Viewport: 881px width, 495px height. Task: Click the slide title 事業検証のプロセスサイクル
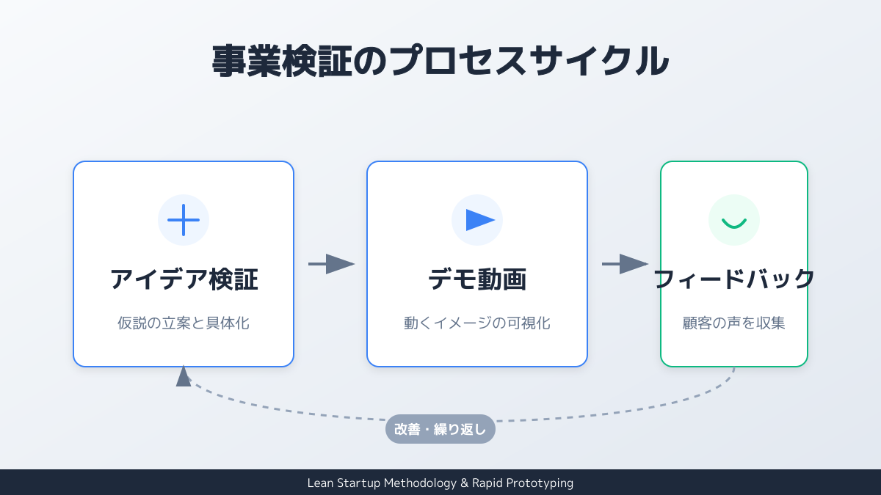[440, 61]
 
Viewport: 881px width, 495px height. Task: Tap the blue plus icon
[184, 220]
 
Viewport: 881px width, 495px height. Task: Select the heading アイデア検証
[184, 279]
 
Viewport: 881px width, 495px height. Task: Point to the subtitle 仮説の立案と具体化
[184, 323]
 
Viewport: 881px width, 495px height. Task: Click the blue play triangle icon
[479, 220]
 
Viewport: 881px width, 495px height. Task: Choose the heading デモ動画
[477, 279]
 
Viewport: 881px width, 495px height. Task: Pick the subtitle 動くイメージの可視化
[477, 323]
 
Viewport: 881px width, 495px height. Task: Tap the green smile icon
[734, 221]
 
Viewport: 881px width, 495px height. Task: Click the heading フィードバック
[734, 279]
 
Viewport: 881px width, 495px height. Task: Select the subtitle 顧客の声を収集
[734, 323]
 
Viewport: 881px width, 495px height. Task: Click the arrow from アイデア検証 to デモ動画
[331, 264]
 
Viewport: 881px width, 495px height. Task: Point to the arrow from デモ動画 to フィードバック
[625, 264]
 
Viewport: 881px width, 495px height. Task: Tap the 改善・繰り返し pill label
[440, 429]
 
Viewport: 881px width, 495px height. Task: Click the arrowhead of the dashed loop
[184, 375]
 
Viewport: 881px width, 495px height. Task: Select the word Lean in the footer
[320, 483]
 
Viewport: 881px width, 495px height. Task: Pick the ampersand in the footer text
[463, 483]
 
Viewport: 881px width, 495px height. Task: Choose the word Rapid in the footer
[487, 483]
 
